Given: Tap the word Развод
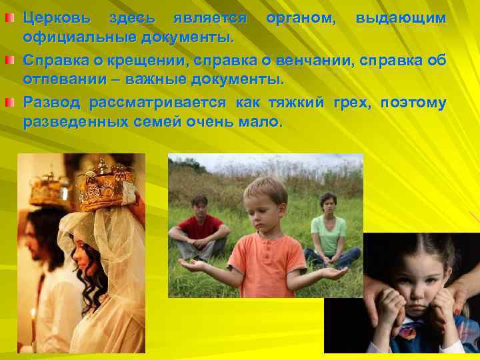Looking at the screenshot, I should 51,103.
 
